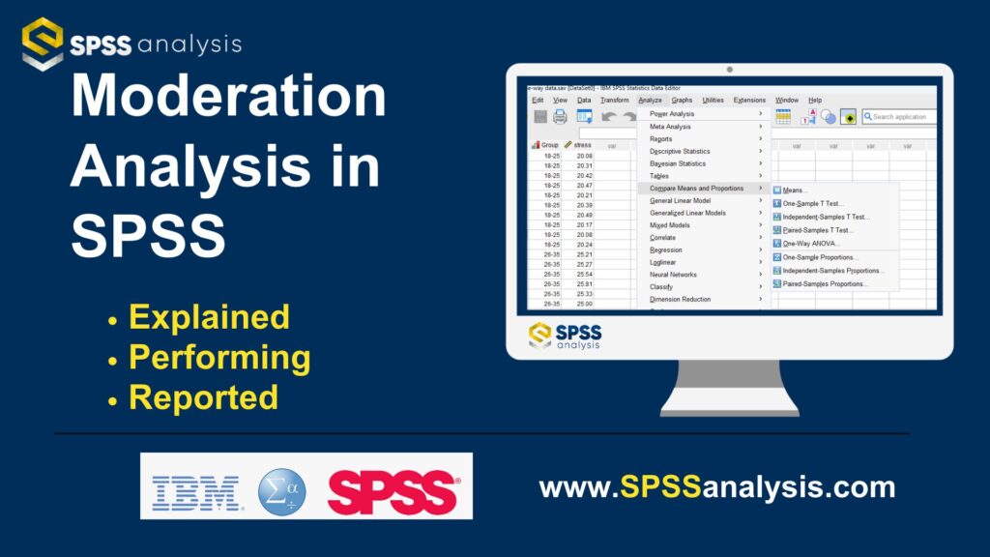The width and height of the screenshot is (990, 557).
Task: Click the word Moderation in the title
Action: [x=228, y=99]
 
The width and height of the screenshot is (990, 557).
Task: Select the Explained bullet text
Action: [x=209, y=317]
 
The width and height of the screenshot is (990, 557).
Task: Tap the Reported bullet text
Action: [x=203, y=396]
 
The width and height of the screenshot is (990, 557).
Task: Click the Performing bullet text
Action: [x=219, y=357]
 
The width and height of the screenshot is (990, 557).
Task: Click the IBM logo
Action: [x=195, y=492]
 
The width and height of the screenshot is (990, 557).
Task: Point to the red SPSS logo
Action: [x=393, y=492]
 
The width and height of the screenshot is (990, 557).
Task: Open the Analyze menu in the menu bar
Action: [x=650, y=100]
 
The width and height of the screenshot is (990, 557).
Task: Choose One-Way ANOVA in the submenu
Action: [x=811, y=243]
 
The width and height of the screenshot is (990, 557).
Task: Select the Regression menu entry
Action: [x=665, y=249]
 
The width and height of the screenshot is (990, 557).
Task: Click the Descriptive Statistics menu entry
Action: [x=680, y=151]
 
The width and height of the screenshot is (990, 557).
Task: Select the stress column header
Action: [x=579, y=145]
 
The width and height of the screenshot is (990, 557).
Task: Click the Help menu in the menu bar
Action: [x=815, y=100]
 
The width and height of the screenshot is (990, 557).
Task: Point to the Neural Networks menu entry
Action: [x=673, y=275]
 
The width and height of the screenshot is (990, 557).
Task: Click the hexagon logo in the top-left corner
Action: [x=43, y=44]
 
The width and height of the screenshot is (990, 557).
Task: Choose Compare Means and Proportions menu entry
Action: [x=696, y=188]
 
